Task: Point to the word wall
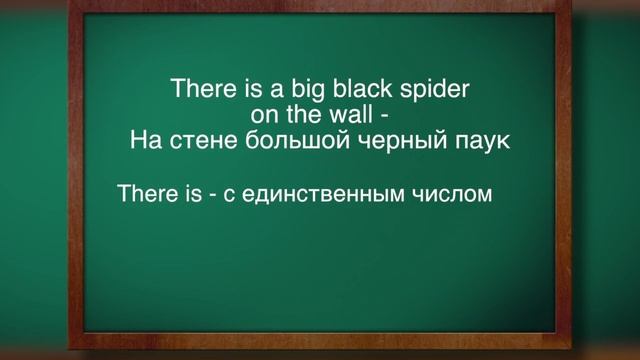pos(349,114)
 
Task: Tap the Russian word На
pos(143,140)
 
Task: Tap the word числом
pos(447,193)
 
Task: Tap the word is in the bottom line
pos(193,192)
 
